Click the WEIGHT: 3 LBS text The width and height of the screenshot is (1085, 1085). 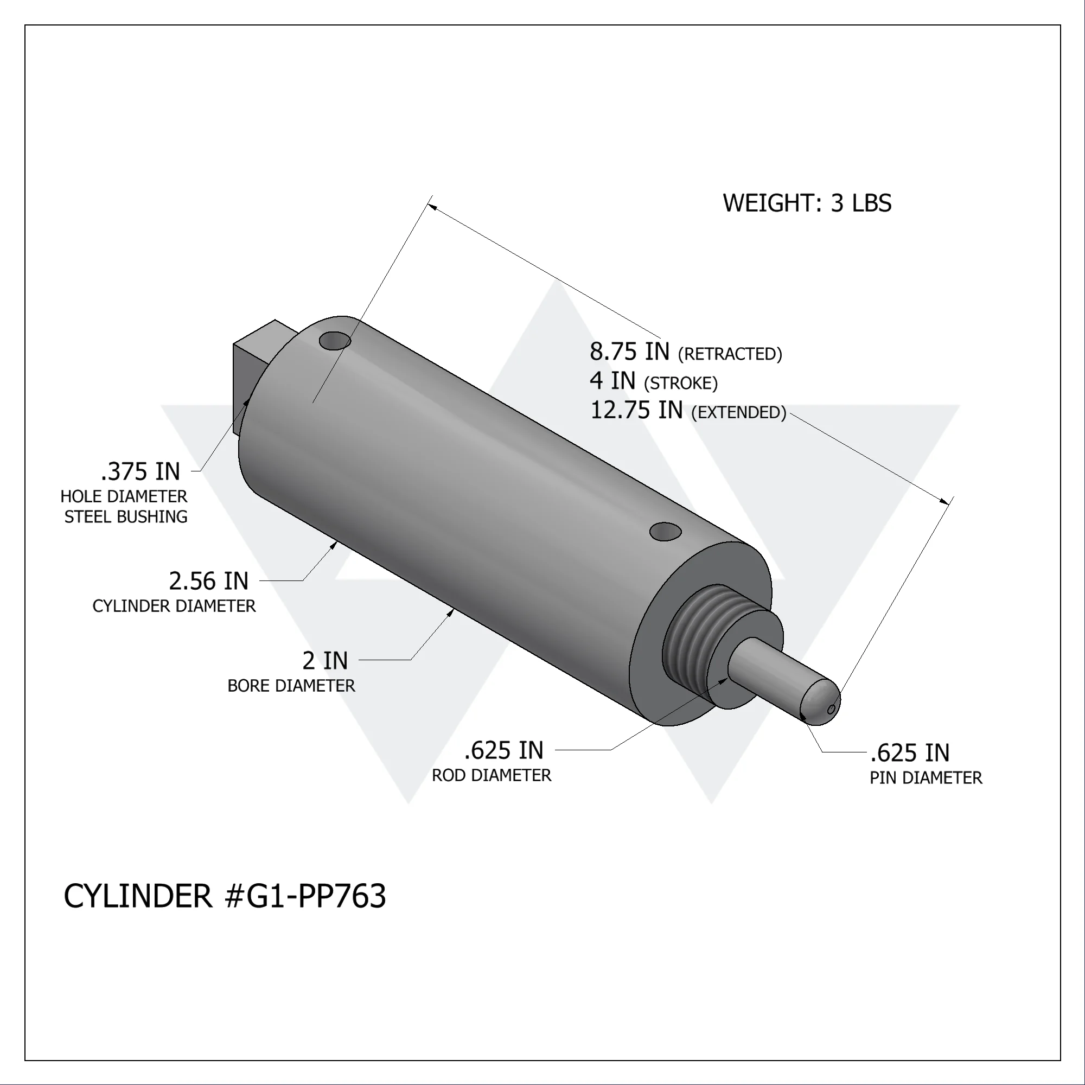pos(807,203)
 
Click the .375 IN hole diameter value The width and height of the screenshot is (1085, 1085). pos(141,472)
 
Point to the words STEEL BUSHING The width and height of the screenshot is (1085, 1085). pos(126,516)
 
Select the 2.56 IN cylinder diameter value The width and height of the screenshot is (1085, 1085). pos(208,581)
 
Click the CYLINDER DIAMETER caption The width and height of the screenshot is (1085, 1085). pos(174,606)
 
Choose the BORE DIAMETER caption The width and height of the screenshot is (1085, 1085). pos(291,686)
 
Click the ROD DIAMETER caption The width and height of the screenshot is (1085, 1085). pos(492,776)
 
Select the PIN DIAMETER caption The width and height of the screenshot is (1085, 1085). pos(926,778)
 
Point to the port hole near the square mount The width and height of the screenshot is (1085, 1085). pos(335,340)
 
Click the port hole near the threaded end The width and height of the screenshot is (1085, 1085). pos(666,531)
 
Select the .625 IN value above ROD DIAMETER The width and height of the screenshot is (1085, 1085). pos(504,751)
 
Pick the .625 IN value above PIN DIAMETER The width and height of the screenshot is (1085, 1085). pos(910,753)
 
